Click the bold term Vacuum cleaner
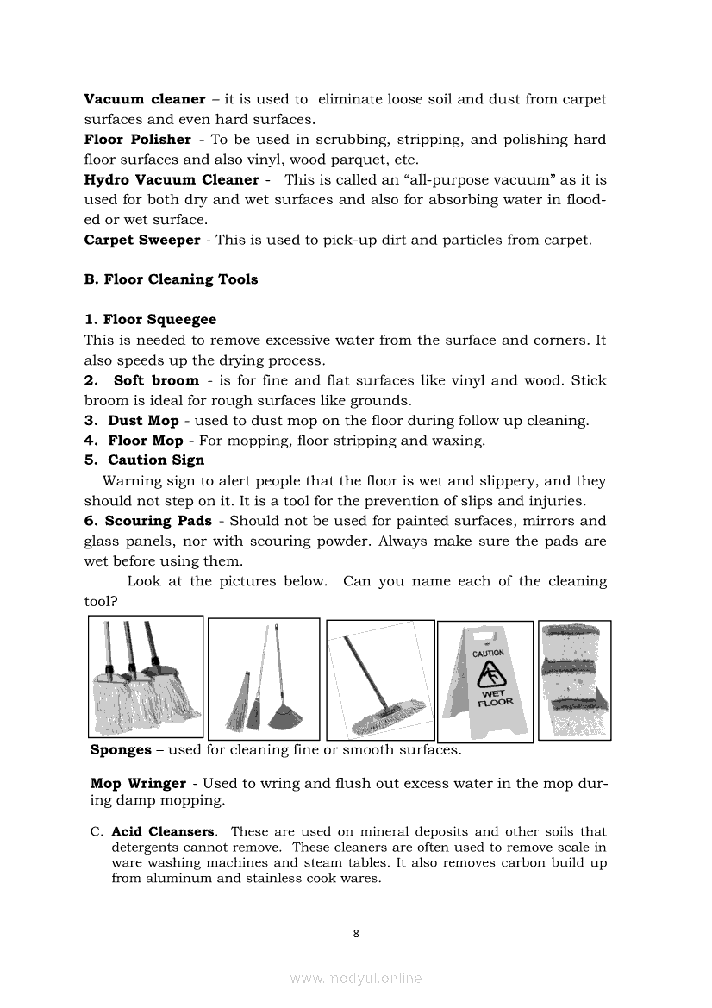(144, 99)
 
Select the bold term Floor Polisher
(137, 140)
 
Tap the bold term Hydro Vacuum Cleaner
(171, 179)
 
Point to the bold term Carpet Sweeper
(141, 240)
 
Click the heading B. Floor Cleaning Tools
(171, 279)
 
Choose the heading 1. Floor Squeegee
(150, 320)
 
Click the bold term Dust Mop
(143, 421)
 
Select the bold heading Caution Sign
(156, 460)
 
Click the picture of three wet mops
(146, 676)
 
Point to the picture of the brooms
(264, 679)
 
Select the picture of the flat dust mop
(380, 679)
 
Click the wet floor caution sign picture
(485, 681)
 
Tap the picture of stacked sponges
(574, 679)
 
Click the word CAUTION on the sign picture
(488, 654)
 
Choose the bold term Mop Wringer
(138, 784)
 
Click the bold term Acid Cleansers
(163, 832)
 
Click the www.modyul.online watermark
(356, 979)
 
